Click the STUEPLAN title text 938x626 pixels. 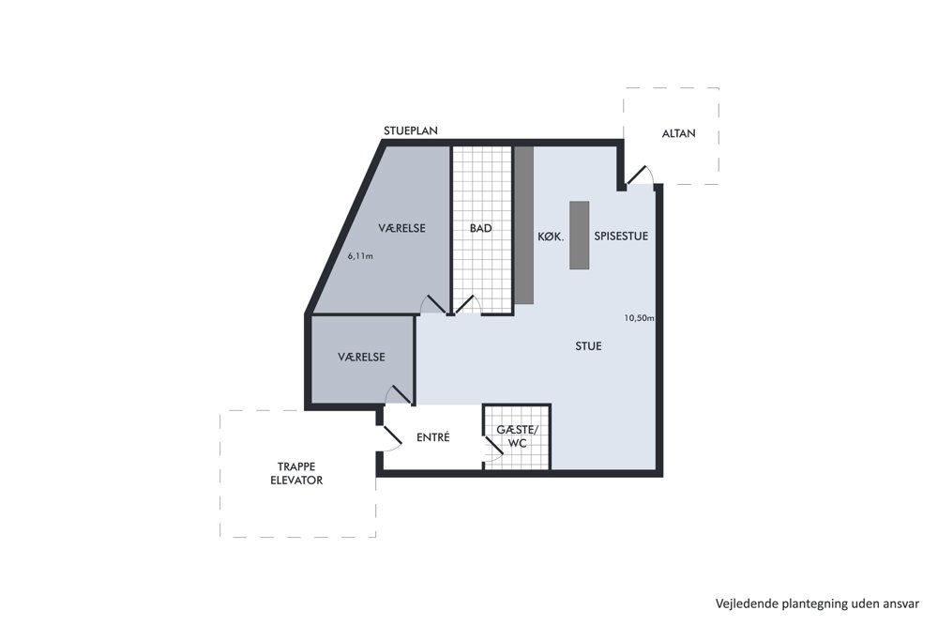tap(411, 130)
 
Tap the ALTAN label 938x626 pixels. tap(678, 133)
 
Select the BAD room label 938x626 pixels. tap(480, 228)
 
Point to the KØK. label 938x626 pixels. tap(551, 237)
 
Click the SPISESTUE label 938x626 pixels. tap(621, 236)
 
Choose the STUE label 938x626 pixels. tap(588, 346)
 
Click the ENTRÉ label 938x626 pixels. tap(433, 436)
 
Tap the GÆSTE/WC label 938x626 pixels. tap(517, 436)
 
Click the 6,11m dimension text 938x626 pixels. tap(360, 256)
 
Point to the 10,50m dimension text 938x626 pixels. tap(639, 318)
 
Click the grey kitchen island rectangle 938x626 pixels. tap(579, 236)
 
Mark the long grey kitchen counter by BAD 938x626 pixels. tap(524, 225)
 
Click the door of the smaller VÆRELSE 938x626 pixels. tap(399, 394)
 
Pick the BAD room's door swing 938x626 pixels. tap(467, 305)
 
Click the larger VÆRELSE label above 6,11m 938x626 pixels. tap(402, 228)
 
